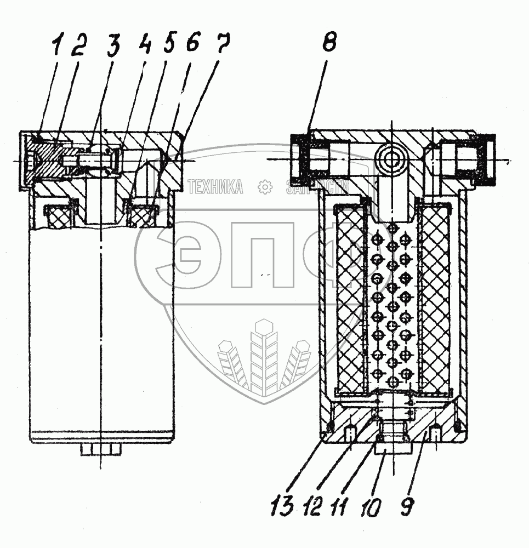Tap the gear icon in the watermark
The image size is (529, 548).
(265, 187)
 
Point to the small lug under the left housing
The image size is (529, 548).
(100, 450)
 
